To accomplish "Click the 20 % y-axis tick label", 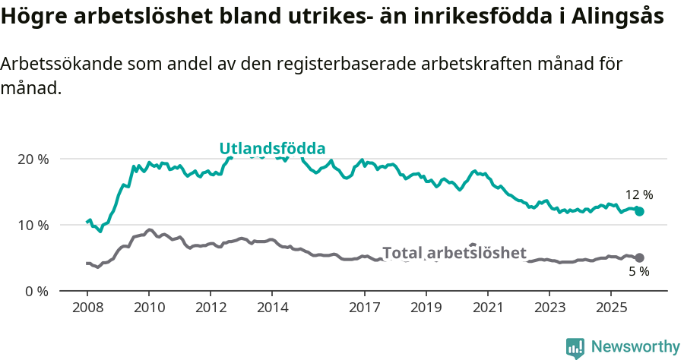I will click(x=33, y=159).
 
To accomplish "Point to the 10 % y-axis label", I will click(x=33, y=226).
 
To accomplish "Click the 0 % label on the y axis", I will click(x=37, y=292).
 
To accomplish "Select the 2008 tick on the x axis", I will click(x=87, y=308).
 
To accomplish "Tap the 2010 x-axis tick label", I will click(x=148, y=308).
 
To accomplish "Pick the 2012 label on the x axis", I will click(x=211, y=308).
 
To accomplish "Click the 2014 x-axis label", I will click(x=272, y=308).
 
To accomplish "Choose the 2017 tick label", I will click(x=364, y=308).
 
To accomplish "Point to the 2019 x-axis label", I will click(x=426, y=308).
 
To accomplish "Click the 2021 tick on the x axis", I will click(x=487, y=308).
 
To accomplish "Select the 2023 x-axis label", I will click(x=549, y=308).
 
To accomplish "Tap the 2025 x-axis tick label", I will click(x=611, y=308).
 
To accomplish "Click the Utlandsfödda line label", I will click(x=272, y=149).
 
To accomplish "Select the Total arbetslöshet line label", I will click(x=454, y=253).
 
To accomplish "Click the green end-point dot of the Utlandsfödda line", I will click(x=639, y=211).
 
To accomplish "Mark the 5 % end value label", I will click(x=638, y=272).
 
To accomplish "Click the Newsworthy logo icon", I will click(x=575, y=348).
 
